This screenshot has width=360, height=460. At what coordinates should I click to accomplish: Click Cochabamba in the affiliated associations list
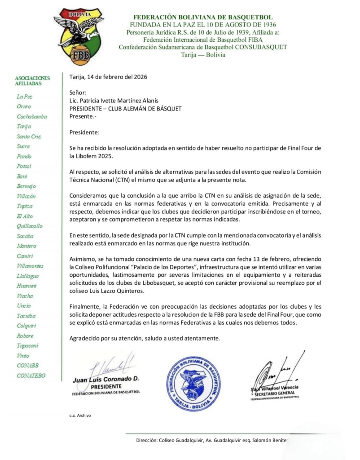[31, 116]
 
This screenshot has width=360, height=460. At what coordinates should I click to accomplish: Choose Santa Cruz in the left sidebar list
[29, 136]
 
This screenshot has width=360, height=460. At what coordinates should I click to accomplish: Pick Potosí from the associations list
[24, 166]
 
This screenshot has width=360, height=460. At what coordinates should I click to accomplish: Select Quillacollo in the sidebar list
[30, 226]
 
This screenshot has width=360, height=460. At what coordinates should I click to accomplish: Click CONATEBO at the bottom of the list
[31, 376]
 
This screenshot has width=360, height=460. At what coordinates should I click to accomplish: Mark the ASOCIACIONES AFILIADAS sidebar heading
[32, 80]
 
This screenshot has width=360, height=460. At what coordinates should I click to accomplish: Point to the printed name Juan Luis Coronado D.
[106, 380]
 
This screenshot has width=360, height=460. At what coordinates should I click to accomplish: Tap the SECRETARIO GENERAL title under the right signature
[273, 394]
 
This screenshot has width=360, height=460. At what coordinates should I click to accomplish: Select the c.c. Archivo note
[80, 416]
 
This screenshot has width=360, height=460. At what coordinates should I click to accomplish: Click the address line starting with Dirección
[211, 440]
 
